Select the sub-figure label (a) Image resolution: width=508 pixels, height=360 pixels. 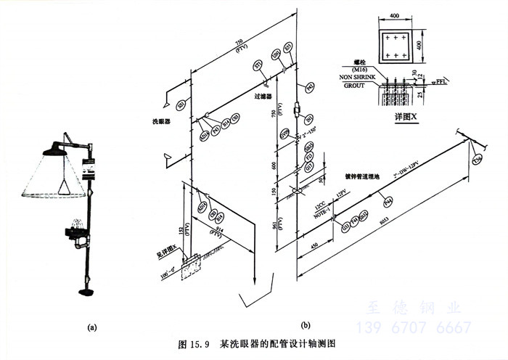tap(92, 327)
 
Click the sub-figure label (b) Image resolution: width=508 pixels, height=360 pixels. tap(305, 324)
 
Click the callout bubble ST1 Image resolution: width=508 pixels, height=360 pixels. tap(258, 67)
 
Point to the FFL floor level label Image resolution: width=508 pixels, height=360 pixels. tap(441, 83)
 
